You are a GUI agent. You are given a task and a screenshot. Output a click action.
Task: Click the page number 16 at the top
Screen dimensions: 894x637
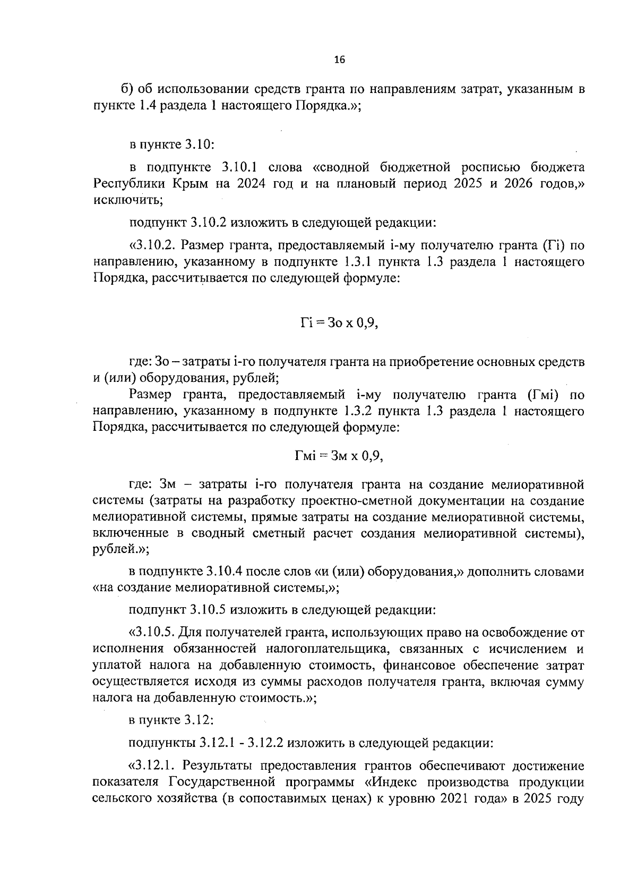coord(340,60)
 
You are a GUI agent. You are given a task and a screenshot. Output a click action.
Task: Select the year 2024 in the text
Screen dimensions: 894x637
coord(263,184)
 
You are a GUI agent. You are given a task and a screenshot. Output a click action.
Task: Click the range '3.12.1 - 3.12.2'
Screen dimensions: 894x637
coord(244,743)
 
